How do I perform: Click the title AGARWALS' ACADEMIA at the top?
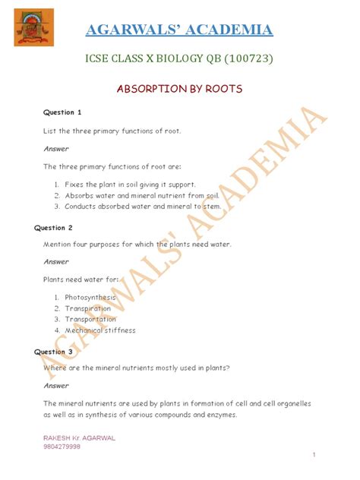click(178, 30)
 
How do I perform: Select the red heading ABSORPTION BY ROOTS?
click(179, 89)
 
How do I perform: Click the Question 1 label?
click(62, 112)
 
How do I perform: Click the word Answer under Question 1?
click(55, 149)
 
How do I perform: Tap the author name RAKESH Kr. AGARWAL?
click(79, 438)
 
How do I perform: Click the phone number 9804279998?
click(62, 447)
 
